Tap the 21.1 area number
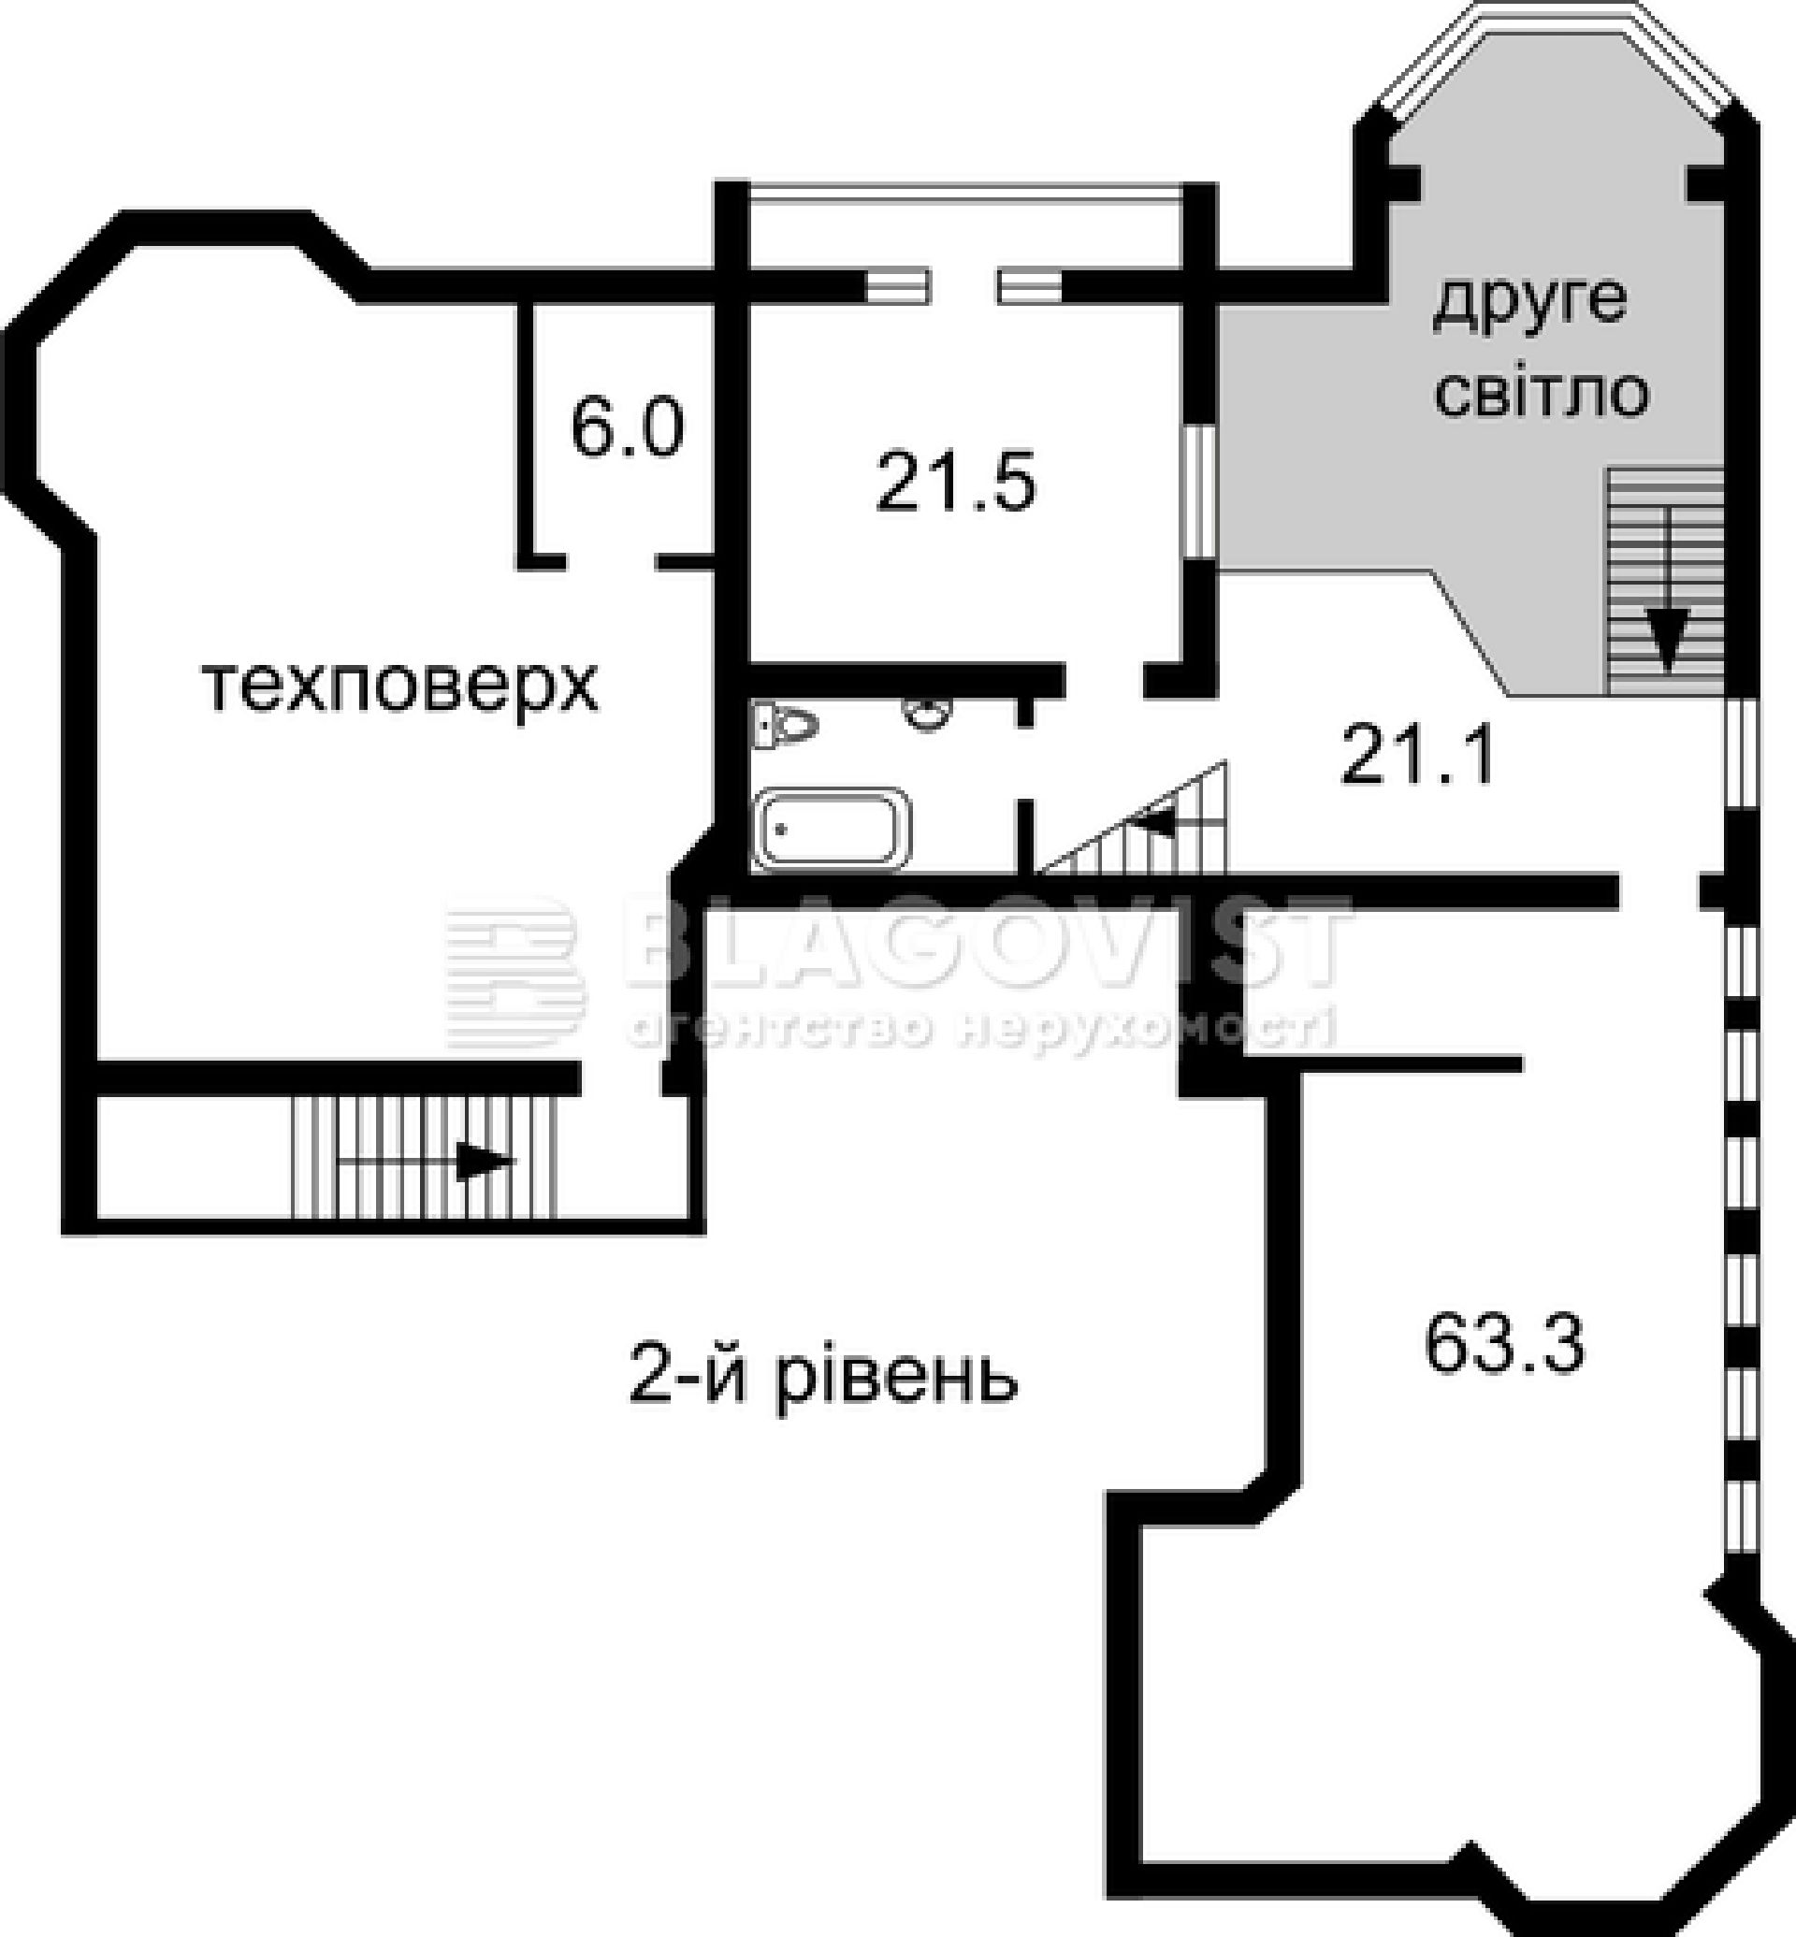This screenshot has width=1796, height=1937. pyautogui.click(x=1418, y=757)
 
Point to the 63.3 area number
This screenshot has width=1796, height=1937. pyautogui.click(x=1504, y=1345)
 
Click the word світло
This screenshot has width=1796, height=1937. pyautogui.click(x=1542, y=394)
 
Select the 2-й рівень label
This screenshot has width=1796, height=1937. pyautogui.click(x=823, y=1377)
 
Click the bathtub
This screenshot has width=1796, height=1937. pyautogui.click(x=833, y=828)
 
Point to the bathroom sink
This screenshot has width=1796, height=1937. pyautogui.click(x=926, y=716)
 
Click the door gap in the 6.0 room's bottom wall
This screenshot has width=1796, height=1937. pyautogui.click(x=610, y=561)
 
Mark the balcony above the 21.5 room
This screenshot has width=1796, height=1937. pyautogui.click(x=966, y=233)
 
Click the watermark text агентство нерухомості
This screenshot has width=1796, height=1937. pyautogui.click(x=981, y=1029)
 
